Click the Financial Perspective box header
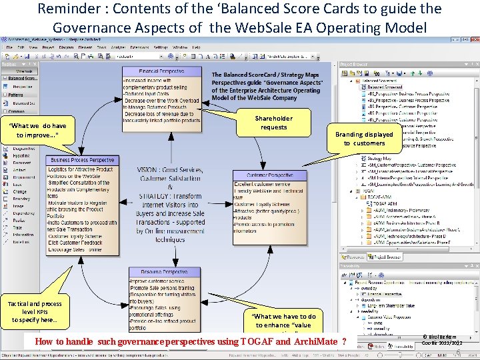coord(161,71)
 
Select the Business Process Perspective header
coord(83,160)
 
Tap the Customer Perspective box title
coord(270,175)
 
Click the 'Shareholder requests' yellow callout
coord(273,123)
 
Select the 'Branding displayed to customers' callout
coord(364,139)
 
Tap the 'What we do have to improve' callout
coord(37,130)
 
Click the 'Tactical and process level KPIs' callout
coord(34,312)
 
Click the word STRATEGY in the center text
coord(158,197)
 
